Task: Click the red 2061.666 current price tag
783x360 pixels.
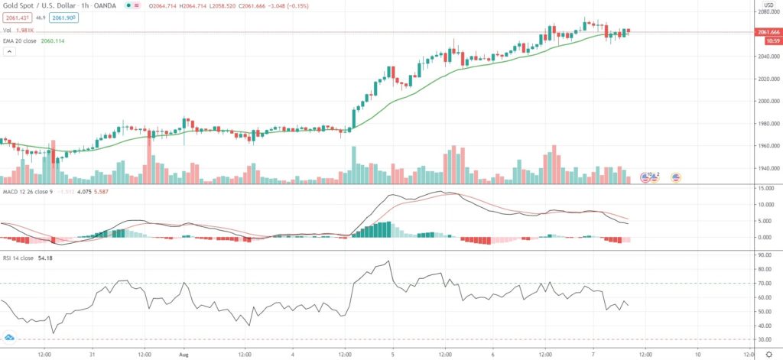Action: coord(768,32)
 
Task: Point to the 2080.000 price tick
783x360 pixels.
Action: coord(767,12)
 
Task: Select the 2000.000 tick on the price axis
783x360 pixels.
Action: coord(767,102)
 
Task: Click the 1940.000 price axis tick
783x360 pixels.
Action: coord(767,169)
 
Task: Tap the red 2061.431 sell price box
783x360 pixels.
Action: coord(17,17)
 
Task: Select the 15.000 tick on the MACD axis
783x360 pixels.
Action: coord(766,188)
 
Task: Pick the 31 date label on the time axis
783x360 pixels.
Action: coord(93,355)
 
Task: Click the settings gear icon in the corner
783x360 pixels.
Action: coord(768,355)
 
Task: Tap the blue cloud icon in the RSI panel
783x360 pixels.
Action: coord(11,337)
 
